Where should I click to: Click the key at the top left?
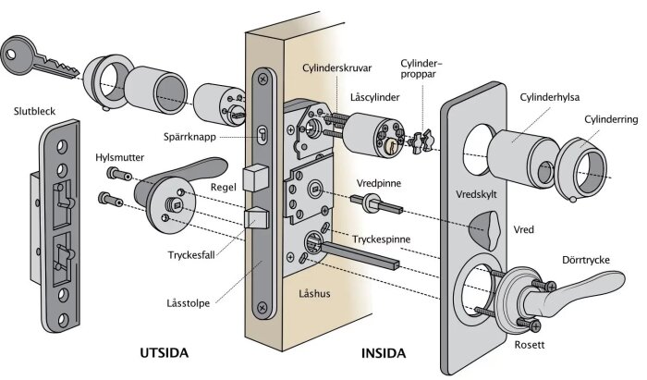click(33, 56)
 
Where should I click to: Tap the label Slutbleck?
click(34, 112)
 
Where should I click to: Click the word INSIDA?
click(384, 353)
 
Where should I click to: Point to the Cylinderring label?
click(611, 119)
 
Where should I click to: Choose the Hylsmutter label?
click(119, 157)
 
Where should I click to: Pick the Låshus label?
click(316, 293)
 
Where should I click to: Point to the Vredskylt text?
click(479, 196)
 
